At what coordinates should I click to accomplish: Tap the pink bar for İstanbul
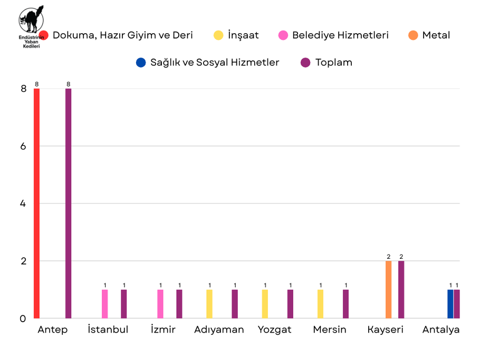tap(105, 304)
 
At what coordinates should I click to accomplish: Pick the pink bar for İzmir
tap(160, 304)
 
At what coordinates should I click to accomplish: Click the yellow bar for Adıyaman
tap(209, 304)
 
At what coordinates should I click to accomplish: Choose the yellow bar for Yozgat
tap(265, 304)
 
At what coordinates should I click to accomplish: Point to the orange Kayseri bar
tap(389, 289)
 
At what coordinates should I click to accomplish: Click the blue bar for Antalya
tap(450, 304)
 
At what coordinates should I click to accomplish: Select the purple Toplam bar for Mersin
tap(345, 304)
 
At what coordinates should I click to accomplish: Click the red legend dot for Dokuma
tap(44, 35)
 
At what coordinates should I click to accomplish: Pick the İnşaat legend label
tap(243, 35)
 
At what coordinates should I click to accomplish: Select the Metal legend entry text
tap(436, 35)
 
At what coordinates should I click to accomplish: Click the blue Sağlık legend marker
tap(140, 62)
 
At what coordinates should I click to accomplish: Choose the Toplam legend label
tap(333, 62)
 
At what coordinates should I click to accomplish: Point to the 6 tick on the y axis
tap(23, 146)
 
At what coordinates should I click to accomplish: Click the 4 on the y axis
tap(23, 203)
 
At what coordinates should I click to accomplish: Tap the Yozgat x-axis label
tap(274, 330)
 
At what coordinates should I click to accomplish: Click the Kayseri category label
tap(385, 330)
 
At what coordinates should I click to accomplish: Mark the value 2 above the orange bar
tap(389, 257)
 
